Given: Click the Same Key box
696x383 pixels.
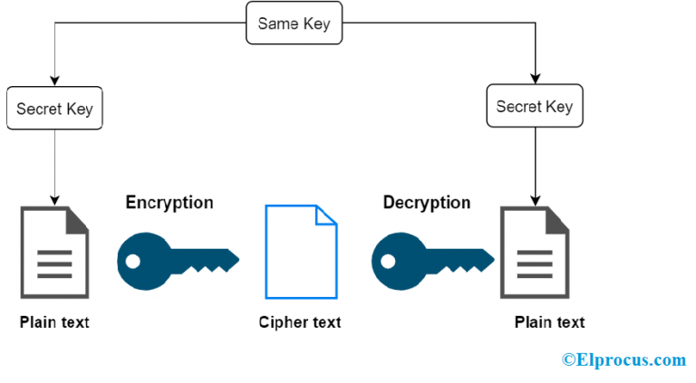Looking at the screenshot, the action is (x=294, y=23).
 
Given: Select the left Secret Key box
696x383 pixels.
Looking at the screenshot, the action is (x=54, y=108).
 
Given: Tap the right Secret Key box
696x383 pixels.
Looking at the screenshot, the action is (x=535, y=106).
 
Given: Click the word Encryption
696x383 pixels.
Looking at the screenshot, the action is (x=169, y=203).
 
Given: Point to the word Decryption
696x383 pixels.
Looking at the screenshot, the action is (x=427, y=203).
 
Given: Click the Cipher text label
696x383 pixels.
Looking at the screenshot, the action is (x=300, y=322).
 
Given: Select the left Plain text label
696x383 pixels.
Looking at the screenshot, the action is (x=54, y=322).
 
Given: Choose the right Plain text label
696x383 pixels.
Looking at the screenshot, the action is (x=549, y=322).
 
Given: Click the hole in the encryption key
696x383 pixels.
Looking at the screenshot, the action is (x=132, y=262).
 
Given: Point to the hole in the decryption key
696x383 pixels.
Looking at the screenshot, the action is (x=388, y=262).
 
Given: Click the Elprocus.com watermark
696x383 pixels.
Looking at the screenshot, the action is (x=624, y=359).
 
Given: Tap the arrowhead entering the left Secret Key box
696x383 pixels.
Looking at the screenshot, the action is (x=54, y=81).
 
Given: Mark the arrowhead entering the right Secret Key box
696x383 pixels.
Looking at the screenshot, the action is (x=536, y=79).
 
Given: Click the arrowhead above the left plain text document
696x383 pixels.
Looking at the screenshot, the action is (x=54, y=200).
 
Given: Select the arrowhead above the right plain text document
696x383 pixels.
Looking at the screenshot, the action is (x=536, y=200).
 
